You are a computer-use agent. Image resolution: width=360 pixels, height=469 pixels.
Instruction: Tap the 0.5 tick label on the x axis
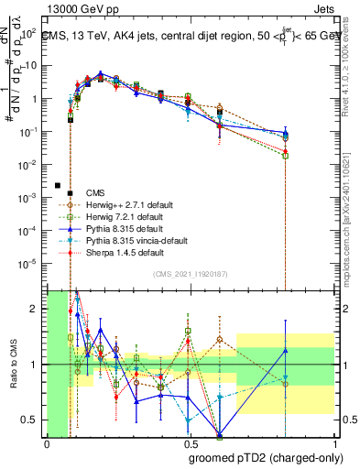pos(191,444)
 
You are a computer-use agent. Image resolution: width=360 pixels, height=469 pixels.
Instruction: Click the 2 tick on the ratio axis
pos(36,310)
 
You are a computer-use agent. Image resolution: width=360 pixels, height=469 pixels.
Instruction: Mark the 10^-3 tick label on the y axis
pos(28,198)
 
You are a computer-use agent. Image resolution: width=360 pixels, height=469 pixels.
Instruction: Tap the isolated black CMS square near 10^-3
pos(58,184)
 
